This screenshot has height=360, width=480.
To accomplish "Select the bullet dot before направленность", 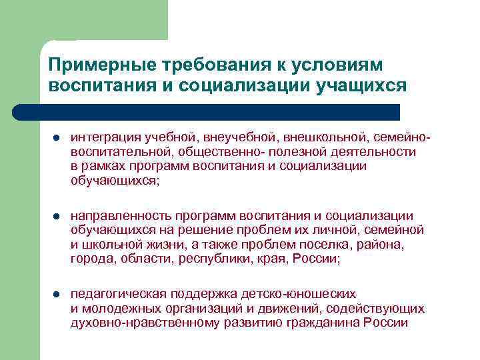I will pyautogui.click(x=57, y=217).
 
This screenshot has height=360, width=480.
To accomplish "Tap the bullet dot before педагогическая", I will pyautogui.click(x=57, y=294).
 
